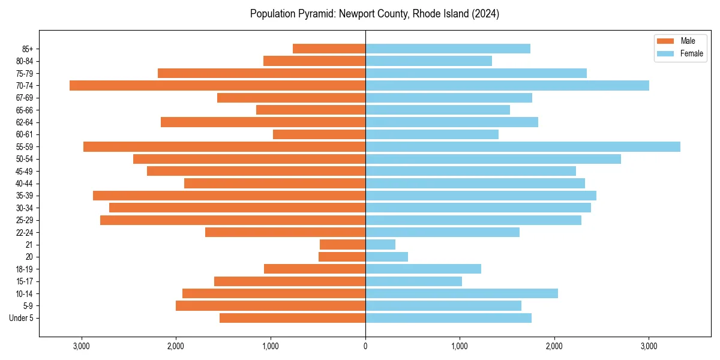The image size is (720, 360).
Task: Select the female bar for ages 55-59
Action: (523, 146)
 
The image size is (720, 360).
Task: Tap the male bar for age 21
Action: (343, 244)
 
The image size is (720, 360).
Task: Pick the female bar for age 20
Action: (386, 257)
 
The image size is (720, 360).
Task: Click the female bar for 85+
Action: (448, 49)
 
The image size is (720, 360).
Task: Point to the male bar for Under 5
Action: (292, 318)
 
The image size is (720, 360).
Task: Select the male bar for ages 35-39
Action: (229, 196)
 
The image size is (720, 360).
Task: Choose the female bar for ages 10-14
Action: (461, 293)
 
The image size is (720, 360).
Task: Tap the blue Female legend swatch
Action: (666, 53)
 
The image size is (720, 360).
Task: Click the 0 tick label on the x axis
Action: (365, 346)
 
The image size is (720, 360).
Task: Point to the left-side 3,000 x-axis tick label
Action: (81, 346)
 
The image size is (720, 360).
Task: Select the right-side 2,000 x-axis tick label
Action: (554, 346)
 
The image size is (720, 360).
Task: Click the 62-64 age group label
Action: (24, 122)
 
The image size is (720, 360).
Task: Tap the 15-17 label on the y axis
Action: (24, 281)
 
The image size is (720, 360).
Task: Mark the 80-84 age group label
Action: (24, 61)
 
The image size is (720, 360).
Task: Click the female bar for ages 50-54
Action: (493, 159)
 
